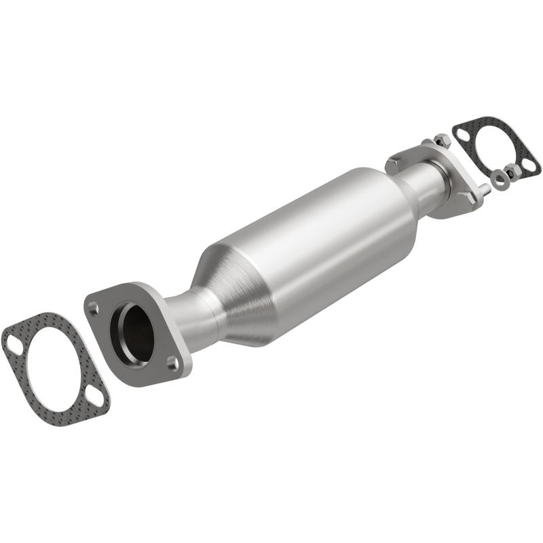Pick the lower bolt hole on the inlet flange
[173, 363]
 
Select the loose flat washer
[501, 179]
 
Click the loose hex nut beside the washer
[512, 171]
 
